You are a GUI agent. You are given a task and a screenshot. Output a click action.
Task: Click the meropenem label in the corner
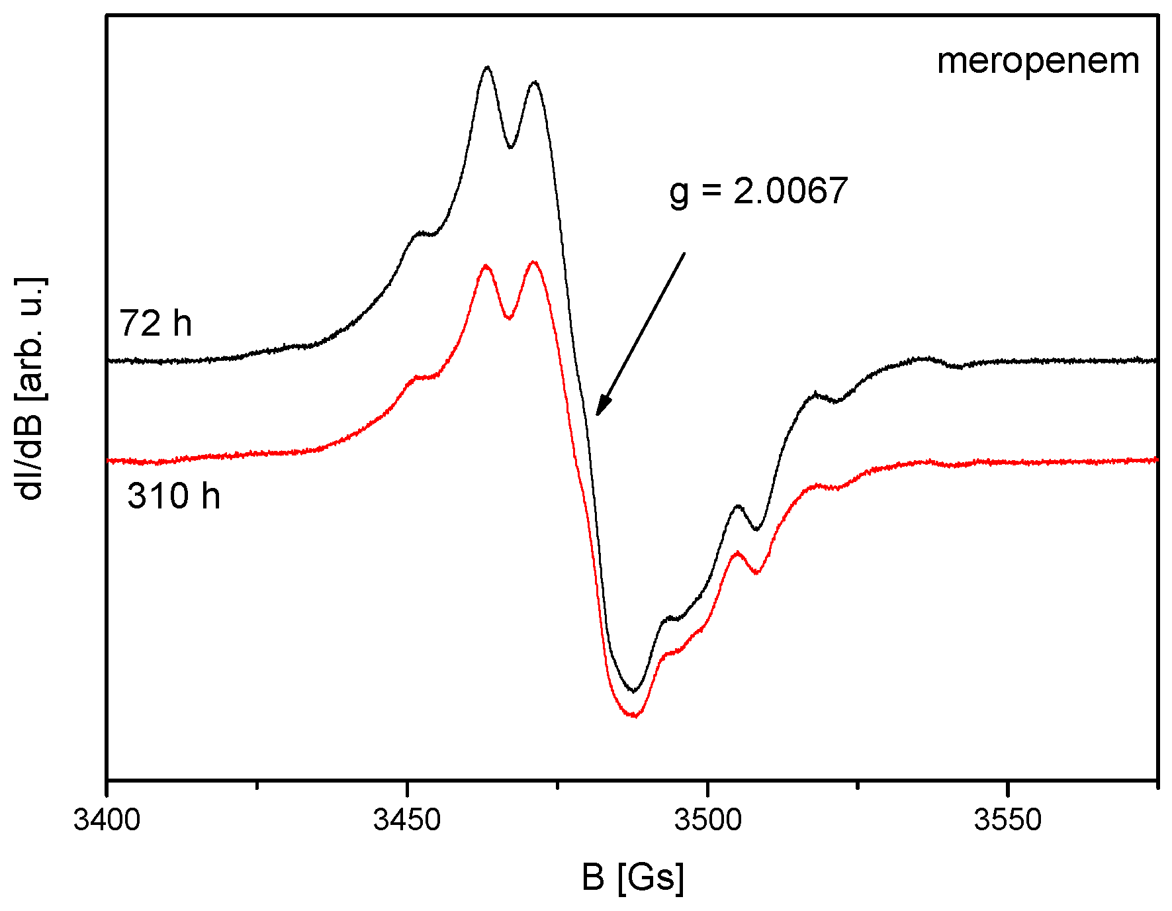1038,62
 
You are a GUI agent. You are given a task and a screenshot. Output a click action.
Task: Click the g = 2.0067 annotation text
758,191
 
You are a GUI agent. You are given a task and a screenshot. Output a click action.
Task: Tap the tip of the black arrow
597,414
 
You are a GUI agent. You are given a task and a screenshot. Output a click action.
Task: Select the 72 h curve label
156,324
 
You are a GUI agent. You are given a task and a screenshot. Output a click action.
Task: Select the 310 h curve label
173,496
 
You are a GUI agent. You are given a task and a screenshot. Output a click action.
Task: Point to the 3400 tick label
107,820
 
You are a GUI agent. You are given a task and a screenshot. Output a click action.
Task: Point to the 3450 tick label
407,820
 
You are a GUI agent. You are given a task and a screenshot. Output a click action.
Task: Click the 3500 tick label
707,820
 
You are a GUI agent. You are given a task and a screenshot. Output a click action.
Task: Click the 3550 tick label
1007,820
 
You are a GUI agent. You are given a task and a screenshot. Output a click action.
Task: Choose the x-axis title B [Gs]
633,877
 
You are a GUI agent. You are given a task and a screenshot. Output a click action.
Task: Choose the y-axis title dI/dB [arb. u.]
30,389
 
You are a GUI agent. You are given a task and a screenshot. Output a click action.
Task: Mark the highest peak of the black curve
488,67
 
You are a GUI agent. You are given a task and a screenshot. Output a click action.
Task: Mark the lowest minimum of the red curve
635,716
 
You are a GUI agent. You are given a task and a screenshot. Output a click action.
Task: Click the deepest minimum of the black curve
634,691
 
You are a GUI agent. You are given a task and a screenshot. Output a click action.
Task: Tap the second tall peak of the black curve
535,82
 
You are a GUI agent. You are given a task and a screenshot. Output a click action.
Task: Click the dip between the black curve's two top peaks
510,148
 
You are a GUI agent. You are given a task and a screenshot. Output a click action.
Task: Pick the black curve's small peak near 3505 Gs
738,506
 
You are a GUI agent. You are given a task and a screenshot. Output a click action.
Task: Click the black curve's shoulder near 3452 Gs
419,232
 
